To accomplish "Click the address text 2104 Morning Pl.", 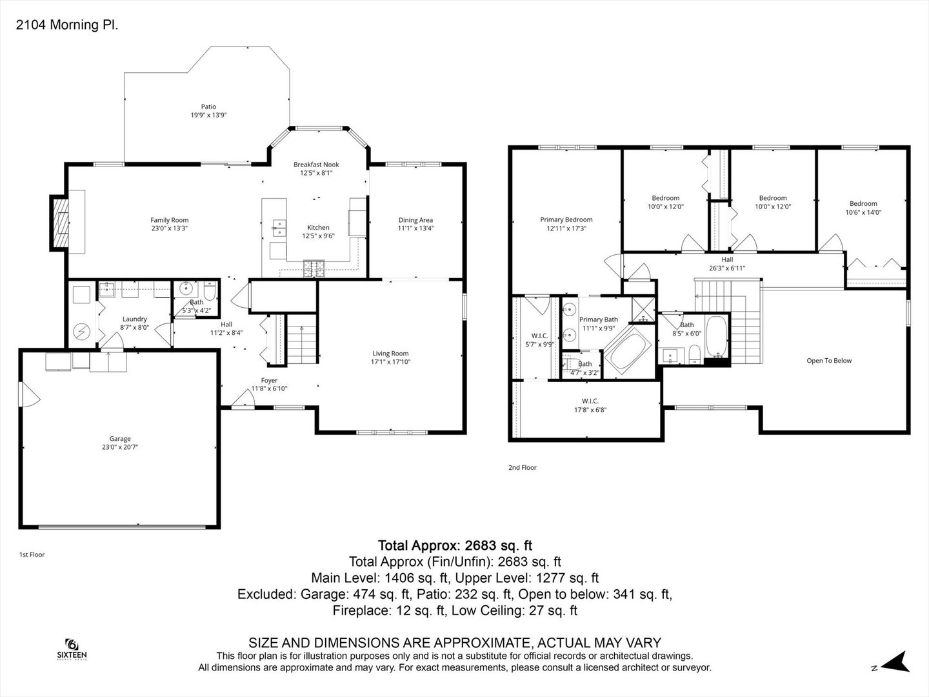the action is pyautogui.click(x=67, y=25).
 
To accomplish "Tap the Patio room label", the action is pyautogui.click(x=208, y=106).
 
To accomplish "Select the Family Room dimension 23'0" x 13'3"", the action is pyautogui.click(x=169, y=228).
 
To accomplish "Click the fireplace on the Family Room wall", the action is pyautogui.click(x=60, y=223).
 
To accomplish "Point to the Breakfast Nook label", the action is pyautogui.click(x=316, y=165).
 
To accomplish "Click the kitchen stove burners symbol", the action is pyautogui.click(x=314, y=268).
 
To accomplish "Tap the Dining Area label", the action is pyautogui.click(x=415, y=220).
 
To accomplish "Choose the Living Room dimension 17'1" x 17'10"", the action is pyautogui.click(x=391, y=362).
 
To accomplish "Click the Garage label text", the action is pyautogui.click(x=120, y=439).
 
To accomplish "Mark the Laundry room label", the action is pyautogui.click(x=135, y=319).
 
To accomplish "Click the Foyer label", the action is pyautogui.click(x=269, y=381).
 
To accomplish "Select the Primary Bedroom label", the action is pyautogui.click(x=566, y=219).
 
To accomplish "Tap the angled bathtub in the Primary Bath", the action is pyautogui.click(x=628, y=351).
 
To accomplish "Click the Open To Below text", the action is pyautogui.click(x=829, y=361).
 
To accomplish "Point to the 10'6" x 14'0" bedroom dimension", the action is pyautogui.click(x=863, y=212).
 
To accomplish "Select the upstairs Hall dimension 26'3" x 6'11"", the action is pyautogui.click(x=727, y=268).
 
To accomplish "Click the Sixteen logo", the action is pyautogui.click(x=72, y=649).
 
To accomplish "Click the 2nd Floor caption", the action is pyautogui.click(x=523, y=467).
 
